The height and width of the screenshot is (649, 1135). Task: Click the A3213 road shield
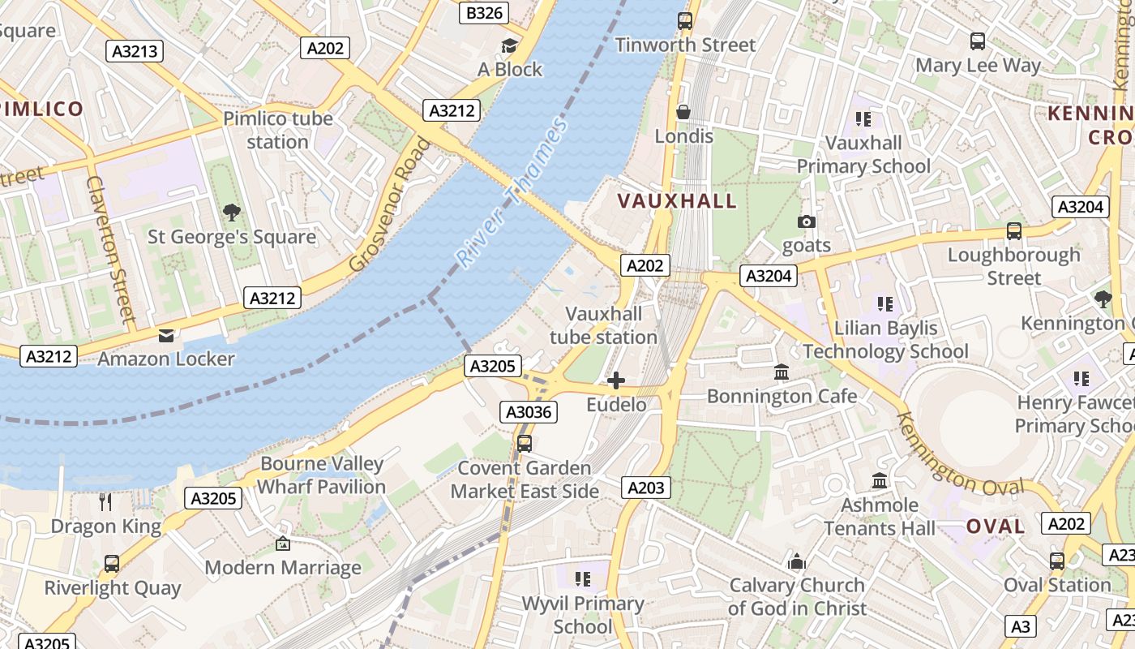coord(135,51)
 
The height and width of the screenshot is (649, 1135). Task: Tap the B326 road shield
coord(485,12)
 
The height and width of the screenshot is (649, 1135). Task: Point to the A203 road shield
coord(646,487)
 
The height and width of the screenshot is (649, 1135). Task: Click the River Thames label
coord(512,193)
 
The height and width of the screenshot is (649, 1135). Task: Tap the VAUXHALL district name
coord(677,200)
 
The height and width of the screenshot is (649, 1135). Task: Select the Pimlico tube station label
coord(278,130)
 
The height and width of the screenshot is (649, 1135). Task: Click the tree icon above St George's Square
coord(232,213)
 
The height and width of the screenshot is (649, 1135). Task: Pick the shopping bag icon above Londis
coord(683,112)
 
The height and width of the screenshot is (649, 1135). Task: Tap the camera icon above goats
coord(806,221)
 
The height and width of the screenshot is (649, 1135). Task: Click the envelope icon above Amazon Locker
coord(166,336)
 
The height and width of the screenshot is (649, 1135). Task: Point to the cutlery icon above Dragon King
coord(105,502)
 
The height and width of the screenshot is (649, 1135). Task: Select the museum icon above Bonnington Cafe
coord(782,372)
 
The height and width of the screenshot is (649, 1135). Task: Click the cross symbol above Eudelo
coord(616,380)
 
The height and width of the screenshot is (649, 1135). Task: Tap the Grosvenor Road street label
coord(391,205)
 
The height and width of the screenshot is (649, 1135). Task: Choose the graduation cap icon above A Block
coord(509,45)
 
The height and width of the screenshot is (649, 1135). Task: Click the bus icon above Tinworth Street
coord(684,21)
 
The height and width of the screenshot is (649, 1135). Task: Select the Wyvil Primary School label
coord(582,615)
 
